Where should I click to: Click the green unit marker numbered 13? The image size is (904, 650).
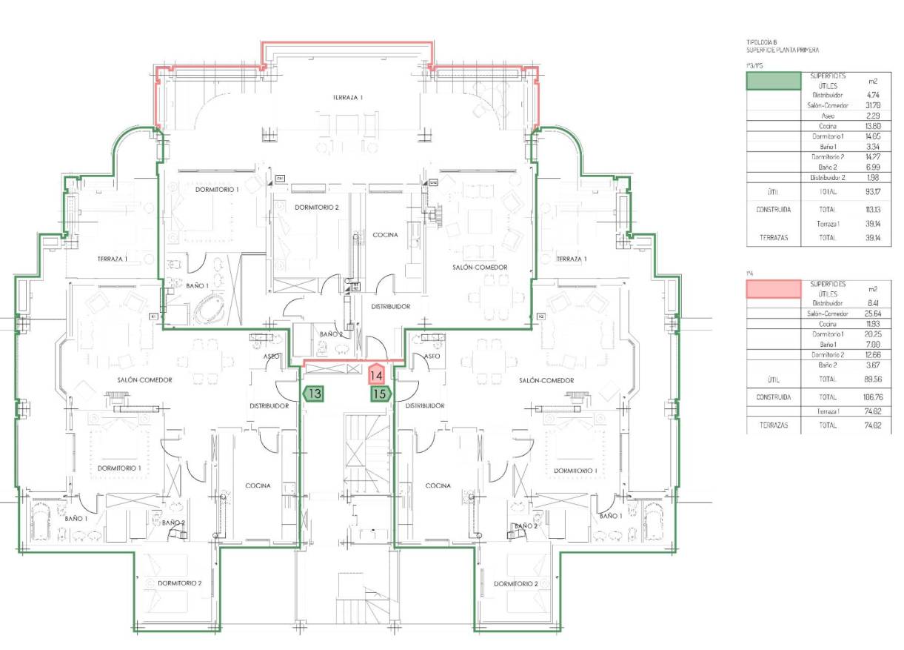314,394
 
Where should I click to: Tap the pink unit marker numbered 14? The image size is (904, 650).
376,374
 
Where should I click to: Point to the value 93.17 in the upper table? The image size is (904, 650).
872,192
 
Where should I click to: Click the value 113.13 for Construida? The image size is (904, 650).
872,210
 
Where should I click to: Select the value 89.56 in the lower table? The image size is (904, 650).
872,379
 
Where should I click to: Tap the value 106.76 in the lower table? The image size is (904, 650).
872,397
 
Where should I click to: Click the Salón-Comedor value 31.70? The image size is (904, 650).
872,105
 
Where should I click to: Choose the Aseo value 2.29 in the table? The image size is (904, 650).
872,116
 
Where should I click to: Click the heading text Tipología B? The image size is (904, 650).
762,43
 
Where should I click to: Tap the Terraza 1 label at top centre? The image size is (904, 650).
347,98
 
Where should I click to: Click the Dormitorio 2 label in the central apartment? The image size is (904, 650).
316,208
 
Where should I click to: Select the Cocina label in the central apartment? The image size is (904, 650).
385,235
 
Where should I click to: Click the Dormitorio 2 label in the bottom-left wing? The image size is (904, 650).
179,583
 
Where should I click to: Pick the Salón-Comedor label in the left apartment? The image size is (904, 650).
144,379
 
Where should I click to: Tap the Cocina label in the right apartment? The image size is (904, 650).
438,486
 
